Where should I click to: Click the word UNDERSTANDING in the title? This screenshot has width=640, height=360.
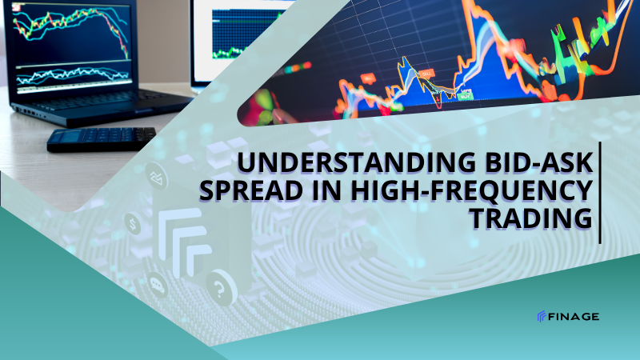[356, 162]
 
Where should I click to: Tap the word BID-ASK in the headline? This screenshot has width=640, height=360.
[538, 162]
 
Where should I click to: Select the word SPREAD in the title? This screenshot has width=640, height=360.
[251, 190]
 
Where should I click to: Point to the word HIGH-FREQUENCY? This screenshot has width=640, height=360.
[471, 190]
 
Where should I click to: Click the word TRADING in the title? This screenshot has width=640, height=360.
[531, 218]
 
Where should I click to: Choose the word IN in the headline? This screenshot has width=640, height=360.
[326, 190]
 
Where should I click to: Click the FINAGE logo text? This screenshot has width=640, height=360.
[574, 316]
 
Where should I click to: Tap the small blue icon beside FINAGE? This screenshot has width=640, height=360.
[542, 316]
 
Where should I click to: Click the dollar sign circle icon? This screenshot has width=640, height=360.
[133, 224]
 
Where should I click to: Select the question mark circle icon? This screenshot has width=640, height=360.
[222, 288]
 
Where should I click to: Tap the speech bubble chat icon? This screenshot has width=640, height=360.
[157, 285]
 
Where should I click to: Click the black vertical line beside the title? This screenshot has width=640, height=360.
[600, 193]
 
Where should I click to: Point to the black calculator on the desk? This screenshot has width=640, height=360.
[102, 138]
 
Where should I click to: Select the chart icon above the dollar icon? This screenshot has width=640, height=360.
[157, 176]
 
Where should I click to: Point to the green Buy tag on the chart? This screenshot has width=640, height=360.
[465, 97]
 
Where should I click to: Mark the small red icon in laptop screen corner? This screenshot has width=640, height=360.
[16, 7]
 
